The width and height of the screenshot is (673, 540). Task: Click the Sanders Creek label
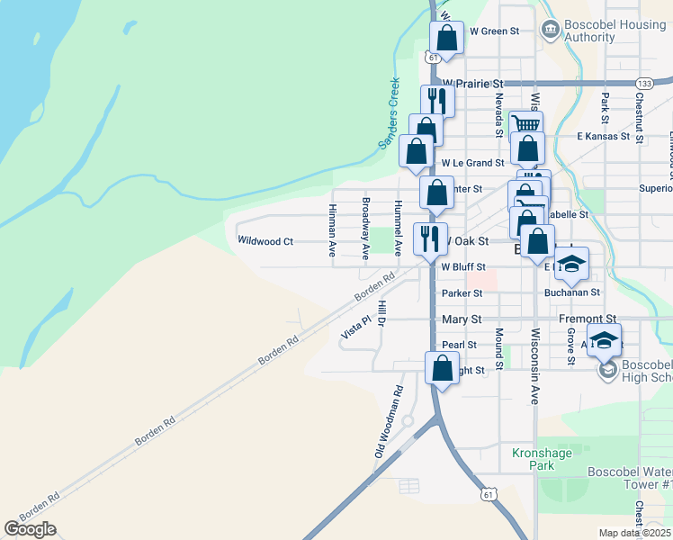(x=388, y=112)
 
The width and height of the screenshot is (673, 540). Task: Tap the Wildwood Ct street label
(x=265, y=241)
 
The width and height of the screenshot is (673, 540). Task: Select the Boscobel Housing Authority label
(x=602, y=31)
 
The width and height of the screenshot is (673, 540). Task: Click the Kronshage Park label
(x=542, y=460)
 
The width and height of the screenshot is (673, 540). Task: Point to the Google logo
(x=30, y=529)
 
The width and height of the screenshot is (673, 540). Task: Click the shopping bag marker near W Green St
(x=446, y=38)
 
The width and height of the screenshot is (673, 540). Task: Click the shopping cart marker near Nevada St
(x=526, y=123)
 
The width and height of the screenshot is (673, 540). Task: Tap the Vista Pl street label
(x=355, y=327)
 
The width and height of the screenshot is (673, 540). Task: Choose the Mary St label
(x=462, y=319)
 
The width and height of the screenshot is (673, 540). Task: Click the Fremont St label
(x=587, y=319)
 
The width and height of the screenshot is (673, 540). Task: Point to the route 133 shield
(x=643, y=83)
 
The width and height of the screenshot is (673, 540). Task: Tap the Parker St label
(x=462, y=293)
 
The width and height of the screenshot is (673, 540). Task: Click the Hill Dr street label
(x=382, y=312)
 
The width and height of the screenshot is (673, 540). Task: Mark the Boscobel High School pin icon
(x=606, y=370)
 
